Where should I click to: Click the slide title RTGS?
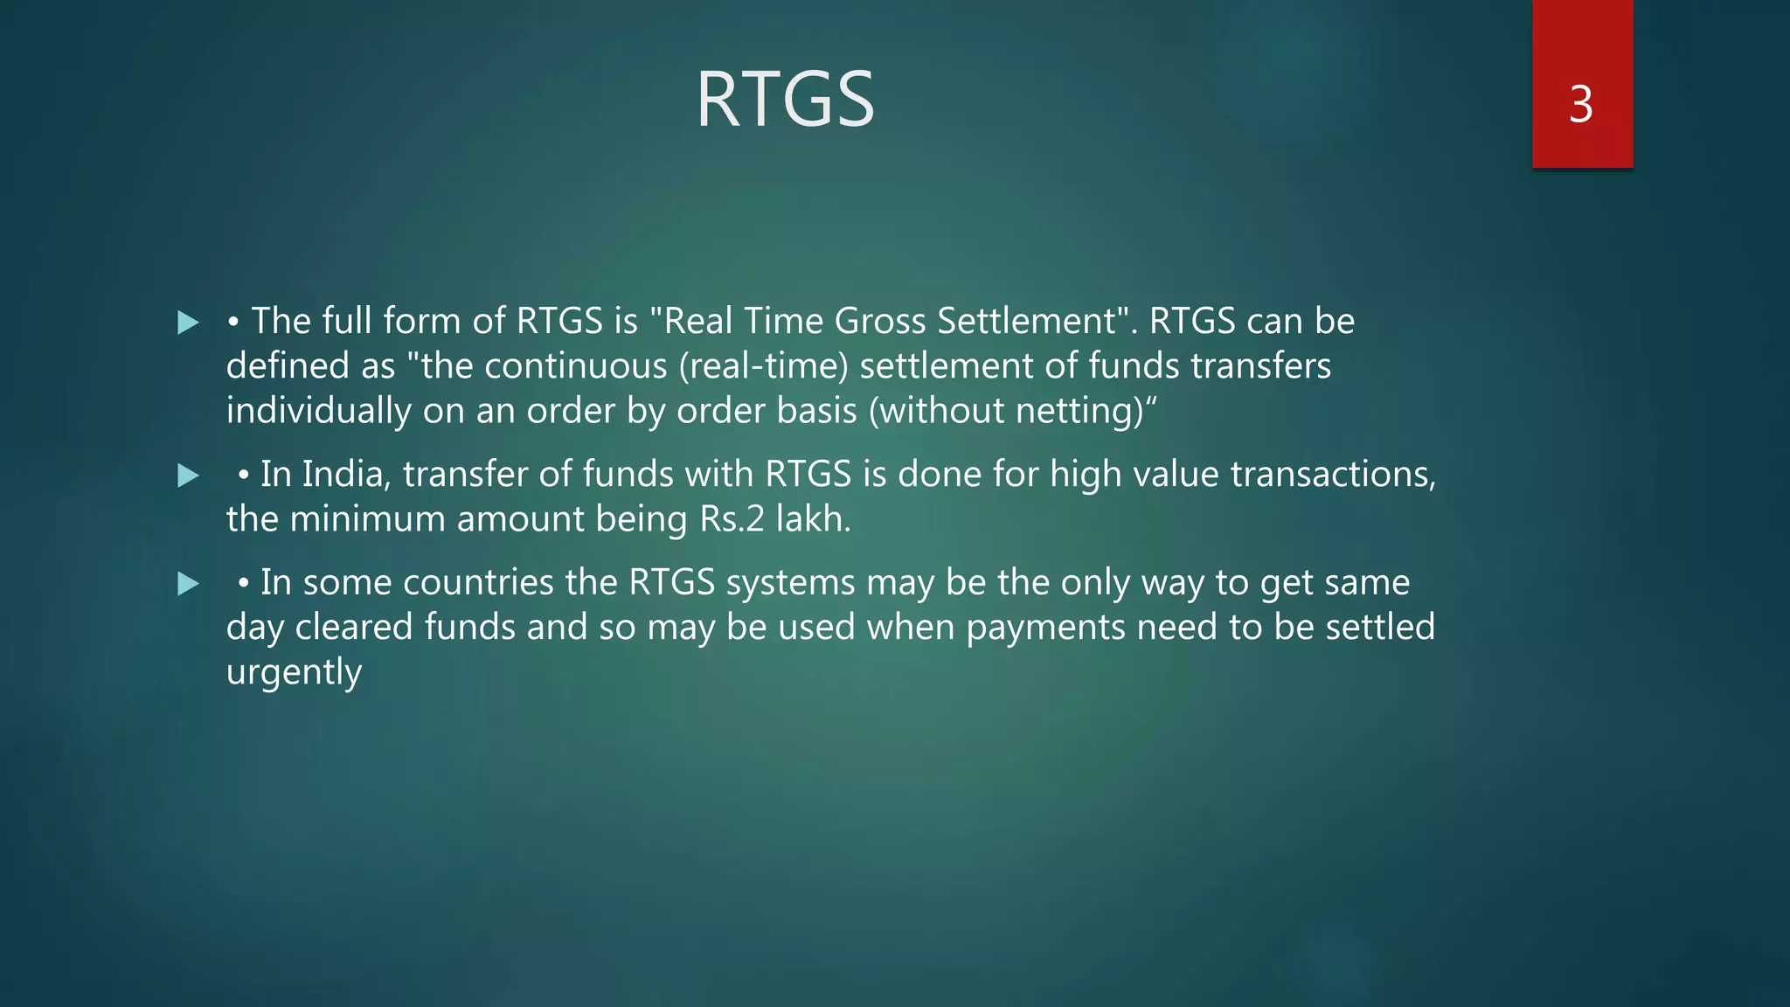[785, 100]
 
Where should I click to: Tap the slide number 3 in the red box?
[1580, 105]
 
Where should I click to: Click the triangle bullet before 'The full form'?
[188, 323]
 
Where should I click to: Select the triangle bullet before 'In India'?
[188, 476]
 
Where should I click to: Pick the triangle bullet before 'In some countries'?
[188, 584]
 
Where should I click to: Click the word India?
[346, 475]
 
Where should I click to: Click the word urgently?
[294, 673]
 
